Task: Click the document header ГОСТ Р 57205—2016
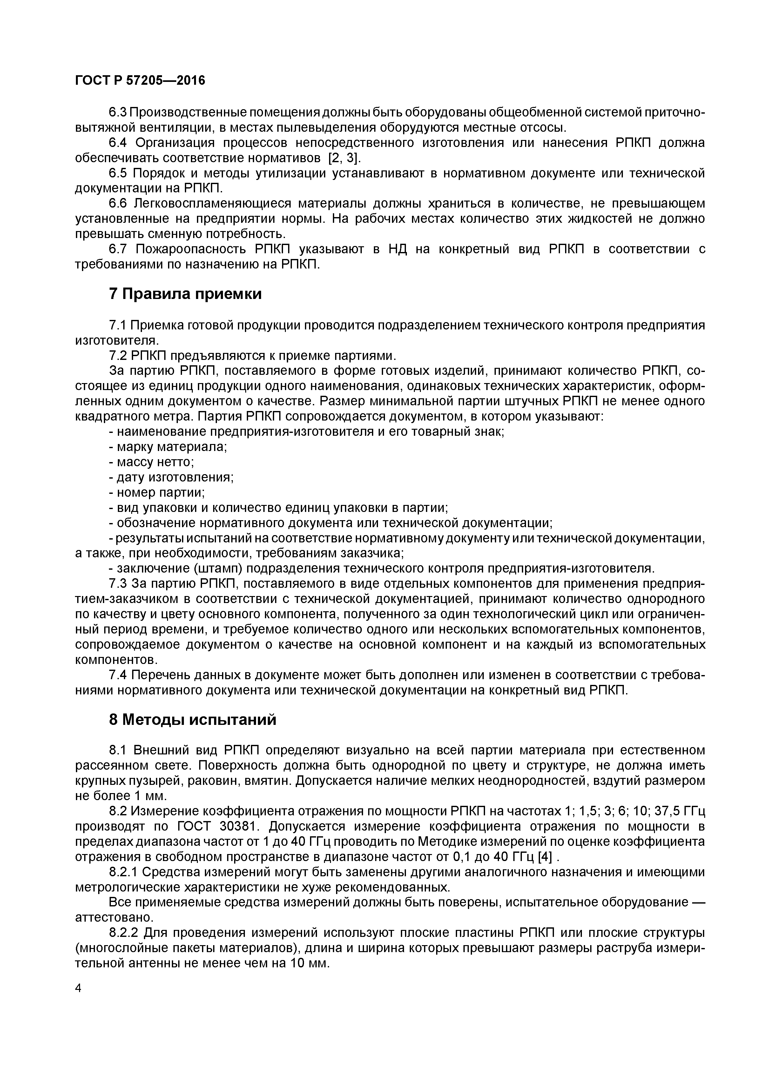coord(140,81)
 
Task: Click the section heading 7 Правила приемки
coord(185,294)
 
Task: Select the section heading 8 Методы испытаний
coord(192,719)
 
